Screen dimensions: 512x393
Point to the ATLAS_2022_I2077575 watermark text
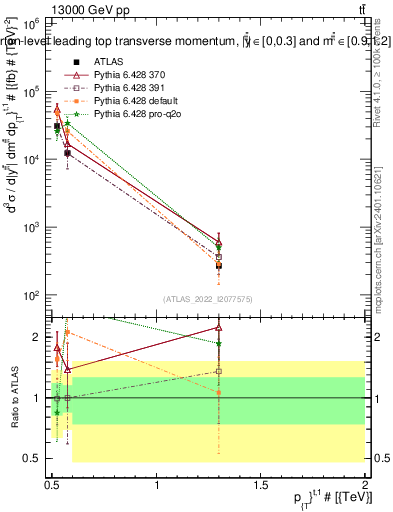206,299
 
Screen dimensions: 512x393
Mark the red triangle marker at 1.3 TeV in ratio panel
218,327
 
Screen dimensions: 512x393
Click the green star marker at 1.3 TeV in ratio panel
218,343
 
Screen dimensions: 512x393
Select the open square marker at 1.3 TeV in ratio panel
218,371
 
